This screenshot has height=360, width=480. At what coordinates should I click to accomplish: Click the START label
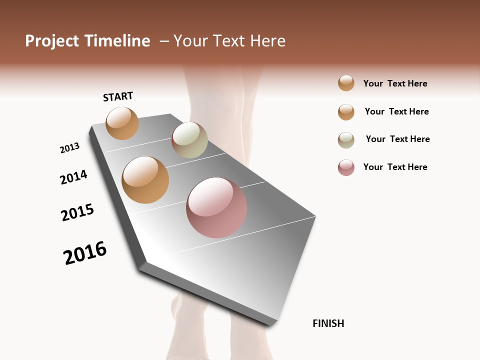118,96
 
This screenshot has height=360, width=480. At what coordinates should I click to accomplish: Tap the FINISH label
328,323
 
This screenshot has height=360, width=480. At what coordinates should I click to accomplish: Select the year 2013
69,148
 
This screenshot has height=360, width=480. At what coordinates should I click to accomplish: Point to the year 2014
73,177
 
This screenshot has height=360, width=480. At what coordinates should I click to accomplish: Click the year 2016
85,252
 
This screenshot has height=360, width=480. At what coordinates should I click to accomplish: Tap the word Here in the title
268,41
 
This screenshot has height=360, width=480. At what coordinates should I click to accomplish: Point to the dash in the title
163,41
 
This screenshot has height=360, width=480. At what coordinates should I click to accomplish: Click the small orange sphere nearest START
122,123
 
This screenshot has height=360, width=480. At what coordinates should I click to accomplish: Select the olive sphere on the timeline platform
189,140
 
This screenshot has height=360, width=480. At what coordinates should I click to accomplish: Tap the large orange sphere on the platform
145,180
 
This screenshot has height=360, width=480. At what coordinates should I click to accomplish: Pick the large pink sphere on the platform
216,207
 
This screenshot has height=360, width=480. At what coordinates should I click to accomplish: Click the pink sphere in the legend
346,167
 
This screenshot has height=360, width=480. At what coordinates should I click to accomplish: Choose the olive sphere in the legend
346,140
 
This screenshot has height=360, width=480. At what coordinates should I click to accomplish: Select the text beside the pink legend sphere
395,167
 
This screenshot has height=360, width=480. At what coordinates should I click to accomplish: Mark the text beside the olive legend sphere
397,139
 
